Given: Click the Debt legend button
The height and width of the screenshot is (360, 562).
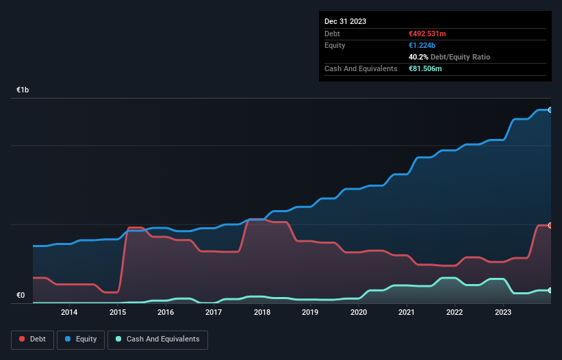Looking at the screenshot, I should point(33,339).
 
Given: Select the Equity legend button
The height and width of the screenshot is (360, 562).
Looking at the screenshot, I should point(81,339).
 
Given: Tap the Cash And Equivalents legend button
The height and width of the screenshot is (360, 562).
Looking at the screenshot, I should point(157,339).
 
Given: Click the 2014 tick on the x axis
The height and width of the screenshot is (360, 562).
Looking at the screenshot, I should point(69,313).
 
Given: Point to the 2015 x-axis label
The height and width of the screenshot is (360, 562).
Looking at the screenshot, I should point(117,313).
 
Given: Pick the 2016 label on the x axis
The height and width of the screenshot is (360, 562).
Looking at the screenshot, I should point(166,313).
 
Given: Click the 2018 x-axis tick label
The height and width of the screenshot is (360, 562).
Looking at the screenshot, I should point(261,313).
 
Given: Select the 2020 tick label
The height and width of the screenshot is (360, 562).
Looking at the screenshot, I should point(358,313).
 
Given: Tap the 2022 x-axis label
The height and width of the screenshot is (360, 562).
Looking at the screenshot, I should point(455,313).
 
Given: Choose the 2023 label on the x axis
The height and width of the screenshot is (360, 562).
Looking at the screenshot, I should point(503,313).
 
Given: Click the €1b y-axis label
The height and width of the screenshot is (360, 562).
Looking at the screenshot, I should point(23,90).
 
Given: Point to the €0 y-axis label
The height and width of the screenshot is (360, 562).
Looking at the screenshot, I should point(21,296).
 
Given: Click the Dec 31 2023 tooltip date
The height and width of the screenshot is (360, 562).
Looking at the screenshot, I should point(345,21).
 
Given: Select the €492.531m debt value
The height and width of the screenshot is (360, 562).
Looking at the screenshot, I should point(427,34).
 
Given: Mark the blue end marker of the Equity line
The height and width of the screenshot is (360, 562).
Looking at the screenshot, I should point(550,110).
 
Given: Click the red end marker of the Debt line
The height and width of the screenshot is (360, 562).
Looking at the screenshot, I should point(550,225).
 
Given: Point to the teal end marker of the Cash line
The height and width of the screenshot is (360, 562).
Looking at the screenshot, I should point(550,290).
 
